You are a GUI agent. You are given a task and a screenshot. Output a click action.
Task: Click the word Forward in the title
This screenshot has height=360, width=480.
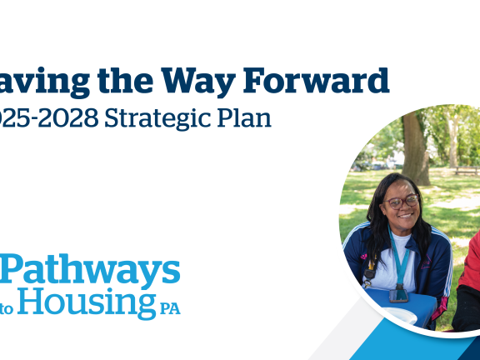point(316,81)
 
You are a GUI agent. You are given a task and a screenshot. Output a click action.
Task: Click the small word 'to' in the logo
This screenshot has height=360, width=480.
point(7,308)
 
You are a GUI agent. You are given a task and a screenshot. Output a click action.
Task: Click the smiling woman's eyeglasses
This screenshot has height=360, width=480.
point(402,201)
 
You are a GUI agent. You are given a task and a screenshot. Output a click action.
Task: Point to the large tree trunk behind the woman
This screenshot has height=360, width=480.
point(415,150)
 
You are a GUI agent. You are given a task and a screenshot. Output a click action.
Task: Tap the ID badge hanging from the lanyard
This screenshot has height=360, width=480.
point(400,292)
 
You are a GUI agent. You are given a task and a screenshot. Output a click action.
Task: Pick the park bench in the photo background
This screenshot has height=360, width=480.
point(465,170)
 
